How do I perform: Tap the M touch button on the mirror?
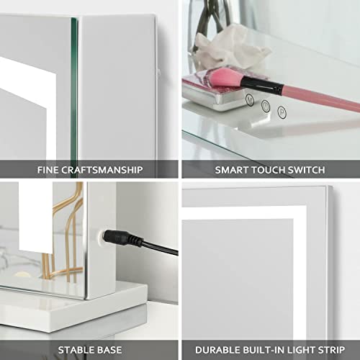249,99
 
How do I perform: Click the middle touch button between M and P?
266,106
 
